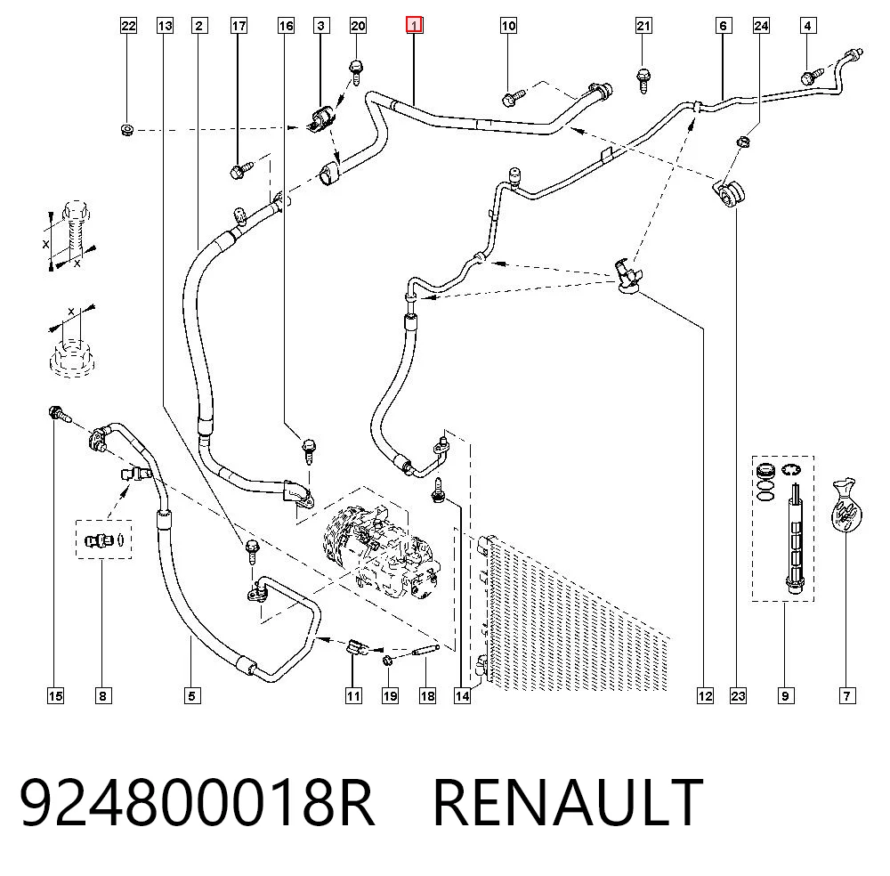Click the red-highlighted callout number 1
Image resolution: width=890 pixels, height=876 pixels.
tap(414, 26)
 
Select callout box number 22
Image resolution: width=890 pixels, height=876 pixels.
tap(129, 26)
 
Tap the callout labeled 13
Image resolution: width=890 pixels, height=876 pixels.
tap(165, 26)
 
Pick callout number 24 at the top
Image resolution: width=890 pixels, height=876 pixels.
tap(761, 26)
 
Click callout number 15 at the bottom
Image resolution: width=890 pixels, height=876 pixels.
tap(55, 695)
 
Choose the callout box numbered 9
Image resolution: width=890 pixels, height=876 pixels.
tap(785, 695)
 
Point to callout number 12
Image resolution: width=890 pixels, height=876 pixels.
tap(705, 695)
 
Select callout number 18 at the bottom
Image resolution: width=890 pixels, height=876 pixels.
tap(427, 695)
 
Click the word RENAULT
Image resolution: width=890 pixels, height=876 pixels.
tap(568, 803)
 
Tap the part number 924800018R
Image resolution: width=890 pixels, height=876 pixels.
tap(197, 803)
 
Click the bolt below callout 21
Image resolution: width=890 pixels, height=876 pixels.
tap(643, 80)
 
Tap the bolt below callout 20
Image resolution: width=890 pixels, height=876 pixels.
tap(357, 71)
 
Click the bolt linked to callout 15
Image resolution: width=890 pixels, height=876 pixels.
tap(59, 414)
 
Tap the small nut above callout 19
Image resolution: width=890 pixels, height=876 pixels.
tap(388, 661)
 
